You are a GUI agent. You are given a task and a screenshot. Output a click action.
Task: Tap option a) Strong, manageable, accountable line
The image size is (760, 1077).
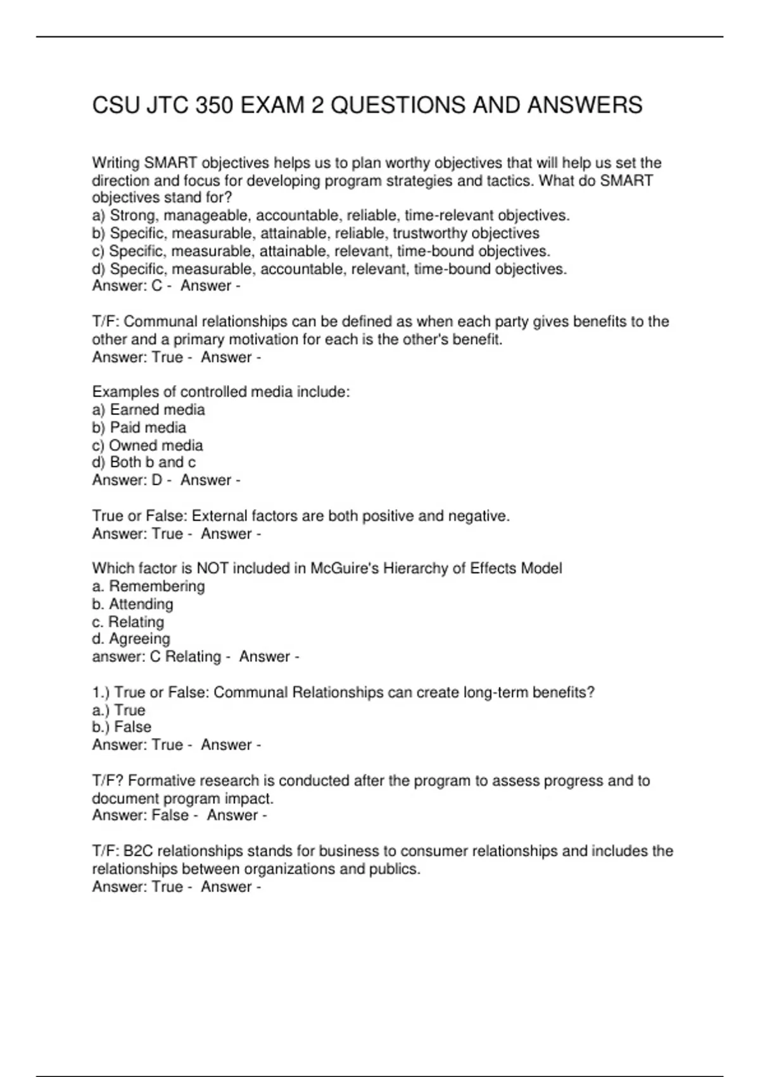coord(331,215)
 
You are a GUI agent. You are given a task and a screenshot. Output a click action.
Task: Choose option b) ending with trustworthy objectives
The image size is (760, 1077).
coord(315,233)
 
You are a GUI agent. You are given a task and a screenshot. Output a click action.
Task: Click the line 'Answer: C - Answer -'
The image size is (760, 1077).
coord(166,286)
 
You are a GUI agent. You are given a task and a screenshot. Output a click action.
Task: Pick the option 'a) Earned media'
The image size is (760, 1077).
coord(148,410)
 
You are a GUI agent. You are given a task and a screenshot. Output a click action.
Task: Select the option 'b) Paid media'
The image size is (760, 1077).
coord(139,428)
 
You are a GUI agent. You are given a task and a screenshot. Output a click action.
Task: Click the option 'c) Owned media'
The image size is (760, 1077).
coord(148,445)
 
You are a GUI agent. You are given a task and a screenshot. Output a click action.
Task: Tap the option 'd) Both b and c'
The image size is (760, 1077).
coord(144,462)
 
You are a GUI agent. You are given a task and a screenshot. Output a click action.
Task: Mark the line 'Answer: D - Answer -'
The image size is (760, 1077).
coord(166,480)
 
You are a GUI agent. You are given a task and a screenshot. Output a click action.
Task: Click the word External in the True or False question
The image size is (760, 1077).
coord(220,516)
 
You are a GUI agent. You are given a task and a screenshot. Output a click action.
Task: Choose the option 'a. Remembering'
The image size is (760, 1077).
coord(148,586)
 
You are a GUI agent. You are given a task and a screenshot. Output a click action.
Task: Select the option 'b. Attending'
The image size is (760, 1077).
coord(132,604)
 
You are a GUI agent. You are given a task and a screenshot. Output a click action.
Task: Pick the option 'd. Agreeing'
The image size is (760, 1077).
coord(131,639)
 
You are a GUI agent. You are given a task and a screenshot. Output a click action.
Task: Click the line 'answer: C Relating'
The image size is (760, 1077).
coord(156,656)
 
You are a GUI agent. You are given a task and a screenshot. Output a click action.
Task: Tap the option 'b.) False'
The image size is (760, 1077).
coord(122,727)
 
